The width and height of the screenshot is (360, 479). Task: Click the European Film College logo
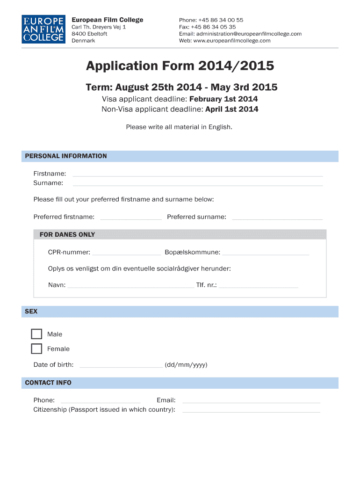coord(43,29)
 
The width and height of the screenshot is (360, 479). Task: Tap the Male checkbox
coord(36,334)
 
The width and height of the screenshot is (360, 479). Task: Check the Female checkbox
coord(36,348)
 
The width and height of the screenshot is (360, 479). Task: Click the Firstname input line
coord(197,174)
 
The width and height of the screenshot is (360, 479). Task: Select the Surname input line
coord(197,184)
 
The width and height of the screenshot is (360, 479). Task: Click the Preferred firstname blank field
coord(131,218)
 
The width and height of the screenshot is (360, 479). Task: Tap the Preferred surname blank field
coord(277,218)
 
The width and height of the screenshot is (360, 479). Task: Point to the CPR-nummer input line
coord(126,254)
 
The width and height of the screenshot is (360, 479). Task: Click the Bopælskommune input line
coord(266,254)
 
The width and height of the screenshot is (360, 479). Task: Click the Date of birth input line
coord(122,366)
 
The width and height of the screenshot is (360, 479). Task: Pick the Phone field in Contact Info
coord(101,401)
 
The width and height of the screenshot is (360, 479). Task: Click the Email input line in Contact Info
coord(251,401)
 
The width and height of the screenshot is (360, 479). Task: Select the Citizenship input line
coord(251,411)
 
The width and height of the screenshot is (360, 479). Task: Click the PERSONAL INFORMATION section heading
coord(66,156)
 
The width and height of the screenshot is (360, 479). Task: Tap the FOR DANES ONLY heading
coord(67,235)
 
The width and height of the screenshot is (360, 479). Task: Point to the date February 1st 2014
coord(223,99)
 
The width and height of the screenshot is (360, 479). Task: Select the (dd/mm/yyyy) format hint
coord(186,365)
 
